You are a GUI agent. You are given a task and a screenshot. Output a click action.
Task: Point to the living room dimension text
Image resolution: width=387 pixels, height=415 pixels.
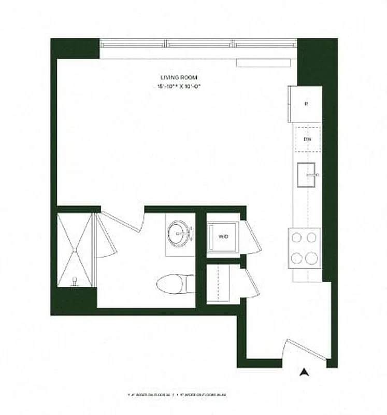coord(178,87)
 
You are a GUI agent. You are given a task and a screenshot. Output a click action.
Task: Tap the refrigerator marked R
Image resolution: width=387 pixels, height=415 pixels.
coord(306,104)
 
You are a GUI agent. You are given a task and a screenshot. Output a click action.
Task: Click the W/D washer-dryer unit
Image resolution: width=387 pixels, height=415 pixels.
coord(223,237)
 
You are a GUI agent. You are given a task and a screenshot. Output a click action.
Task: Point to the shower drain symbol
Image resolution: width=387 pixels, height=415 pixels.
coord(75,282)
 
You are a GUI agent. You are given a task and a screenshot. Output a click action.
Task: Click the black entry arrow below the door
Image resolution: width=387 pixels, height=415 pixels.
coord(306,372)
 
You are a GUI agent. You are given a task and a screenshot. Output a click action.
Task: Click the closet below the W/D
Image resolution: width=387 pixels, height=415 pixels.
coord(223,284)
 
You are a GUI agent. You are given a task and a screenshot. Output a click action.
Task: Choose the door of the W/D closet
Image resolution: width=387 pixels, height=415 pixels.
coord(251,238)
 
